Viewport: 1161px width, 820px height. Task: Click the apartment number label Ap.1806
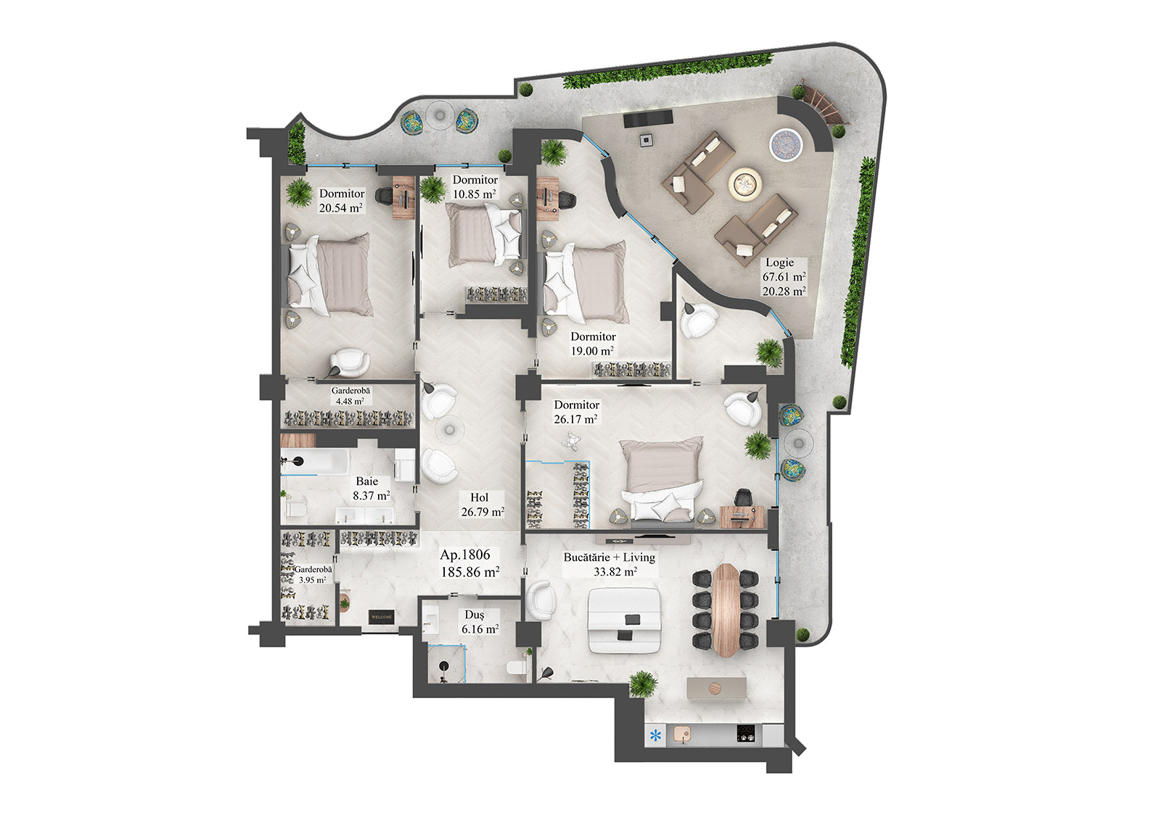click(464, 555)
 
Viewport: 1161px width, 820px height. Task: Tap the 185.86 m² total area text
click(469, 572)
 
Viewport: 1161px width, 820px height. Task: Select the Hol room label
click(479, 497)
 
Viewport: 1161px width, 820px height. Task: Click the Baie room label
click(367, 481)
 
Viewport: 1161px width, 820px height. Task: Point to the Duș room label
click(475, 615)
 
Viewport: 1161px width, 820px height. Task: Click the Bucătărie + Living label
click(609, 558)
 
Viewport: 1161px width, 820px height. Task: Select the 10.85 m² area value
click(475, 194)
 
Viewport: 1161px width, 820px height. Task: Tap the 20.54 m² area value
click(341, 208)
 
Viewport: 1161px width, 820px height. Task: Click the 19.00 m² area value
click(592, 351)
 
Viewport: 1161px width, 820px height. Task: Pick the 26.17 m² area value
click(575, 419)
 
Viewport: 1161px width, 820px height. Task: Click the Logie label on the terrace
click(779, 262)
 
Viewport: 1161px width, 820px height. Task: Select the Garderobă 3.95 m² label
click(313, 575)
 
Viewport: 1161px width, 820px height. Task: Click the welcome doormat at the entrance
click(382, 617)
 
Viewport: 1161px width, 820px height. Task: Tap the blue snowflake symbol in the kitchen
click(656, 736)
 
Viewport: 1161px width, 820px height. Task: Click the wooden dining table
click(726, 610)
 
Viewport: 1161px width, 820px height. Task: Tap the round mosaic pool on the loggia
click(784, 143)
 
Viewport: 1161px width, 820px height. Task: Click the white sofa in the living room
click(624, 620)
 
